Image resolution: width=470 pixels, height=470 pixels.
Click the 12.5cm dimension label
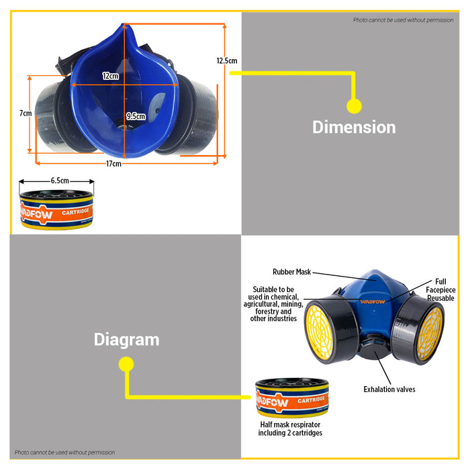[x=227, y=61]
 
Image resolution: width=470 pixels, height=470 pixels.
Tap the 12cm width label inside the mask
[x=110, y=76]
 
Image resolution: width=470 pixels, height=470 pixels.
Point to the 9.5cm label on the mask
[x=136, y=116]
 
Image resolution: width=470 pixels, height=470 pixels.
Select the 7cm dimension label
[x=26, y=113]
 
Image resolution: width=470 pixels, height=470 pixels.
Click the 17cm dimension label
[x=113, y=164]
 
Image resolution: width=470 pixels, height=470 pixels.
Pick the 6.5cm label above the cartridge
[x=60, y=181]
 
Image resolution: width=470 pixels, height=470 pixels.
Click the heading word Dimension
[x=354, y=127]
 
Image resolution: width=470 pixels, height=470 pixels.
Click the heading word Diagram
[x=126, y=340]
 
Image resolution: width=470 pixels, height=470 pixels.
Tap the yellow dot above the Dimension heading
[x=354, y=106]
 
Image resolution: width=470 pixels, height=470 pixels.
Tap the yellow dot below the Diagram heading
[x=126, y=364]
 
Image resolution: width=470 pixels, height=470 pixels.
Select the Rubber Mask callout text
[x=291, y=272]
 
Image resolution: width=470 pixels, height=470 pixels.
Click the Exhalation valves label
[x=389, y=389]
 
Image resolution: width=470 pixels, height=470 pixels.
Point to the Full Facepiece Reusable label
[x=440, y=290]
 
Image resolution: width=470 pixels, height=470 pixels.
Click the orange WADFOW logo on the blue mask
[x=372, y=301]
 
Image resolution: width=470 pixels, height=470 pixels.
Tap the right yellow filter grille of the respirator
[x=430, y=333]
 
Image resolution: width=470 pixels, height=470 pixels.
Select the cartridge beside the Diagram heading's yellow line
[x=291, y=397]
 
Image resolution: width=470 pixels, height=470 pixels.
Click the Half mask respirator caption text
[x=290, y=428]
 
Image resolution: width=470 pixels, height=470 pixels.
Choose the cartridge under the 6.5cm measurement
[x=56, y=209]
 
